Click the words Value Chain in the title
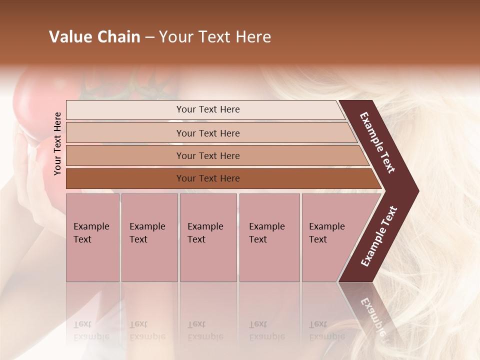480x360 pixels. (x=94, y=37)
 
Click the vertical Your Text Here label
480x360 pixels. (x=58, y=143)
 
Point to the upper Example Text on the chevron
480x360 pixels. (x=377, y=142)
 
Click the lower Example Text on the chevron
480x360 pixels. (x=378, y=236)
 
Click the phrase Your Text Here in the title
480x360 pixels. (x=215, y=37)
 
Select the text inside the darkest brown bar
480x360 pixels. (x=208, y=178)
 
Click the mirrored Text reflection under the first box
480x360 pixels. (x=82, y=324)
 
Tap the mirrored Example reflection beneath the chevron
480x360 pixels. (x=372, y=315)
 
